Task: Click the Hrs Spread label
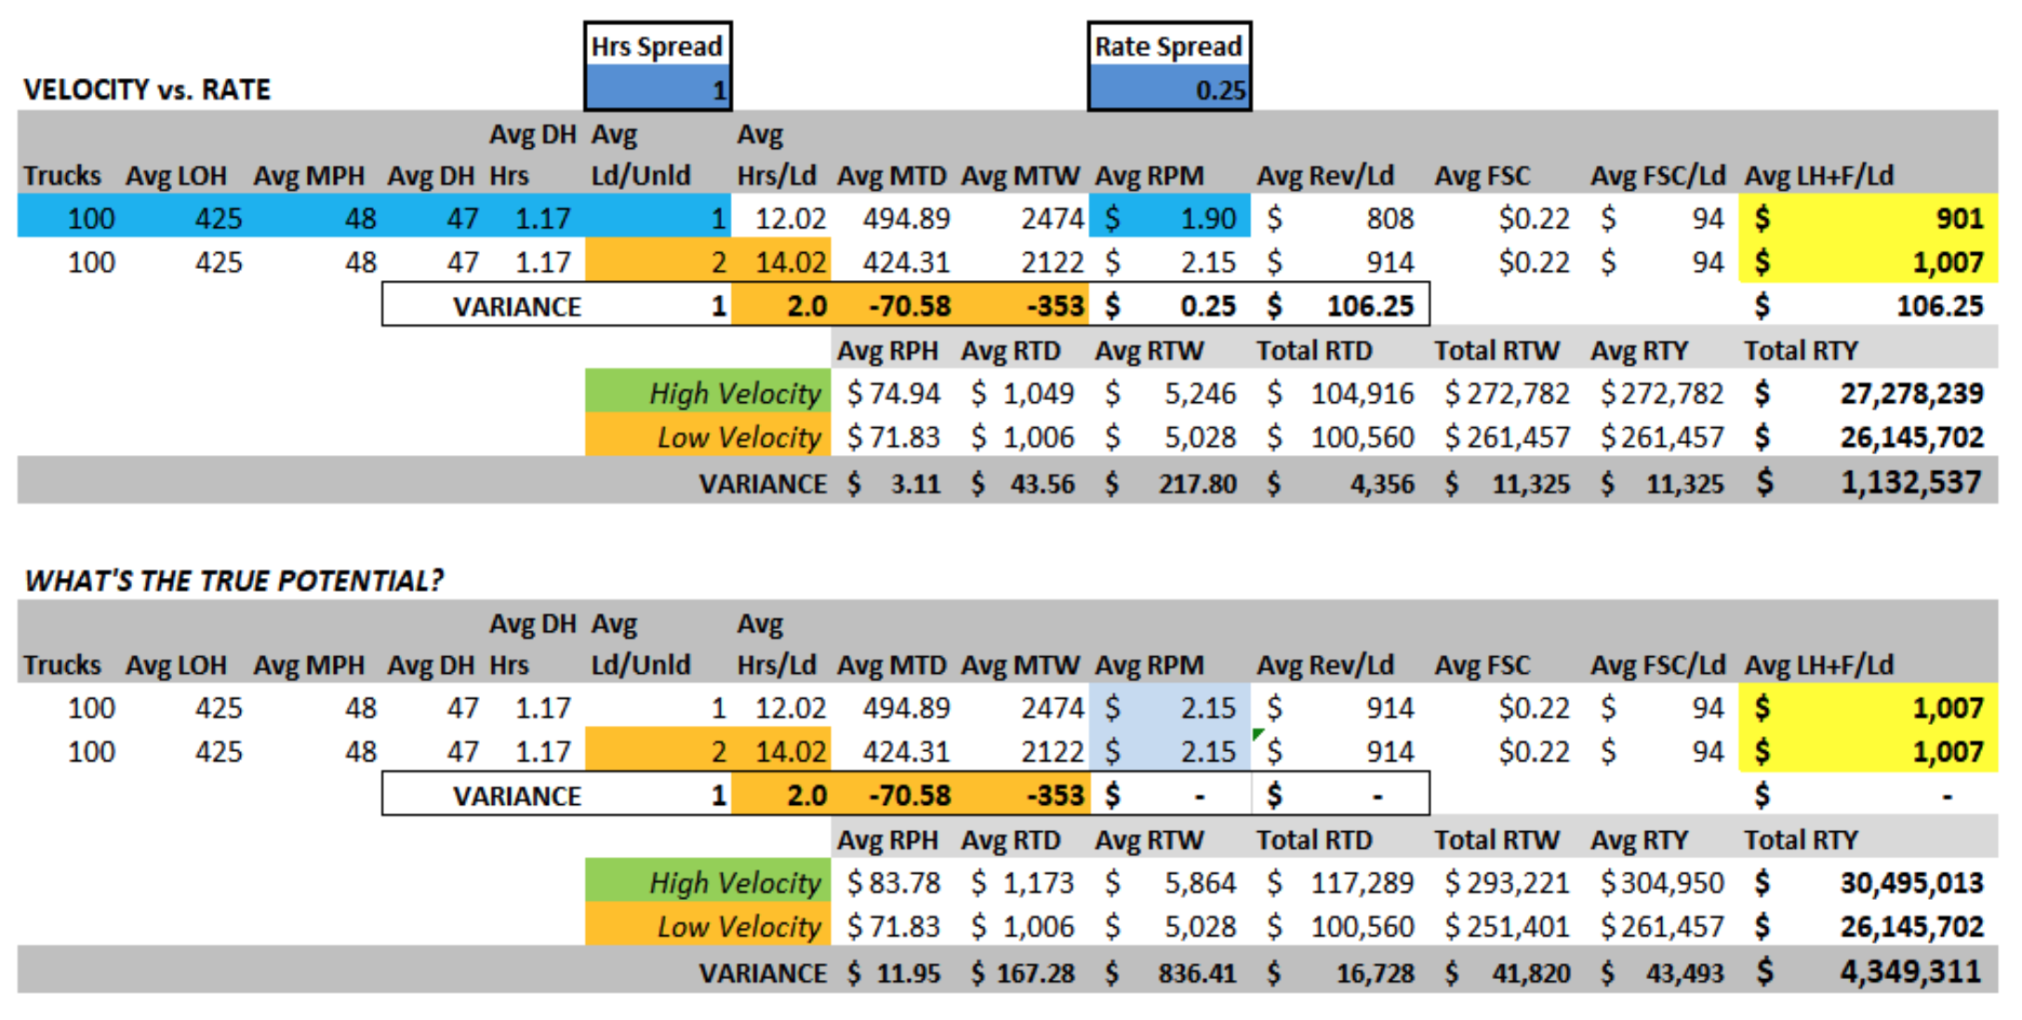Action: click(x=657, y=47)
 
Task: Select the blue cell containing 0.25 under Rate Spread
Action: click(x=1169, y=90)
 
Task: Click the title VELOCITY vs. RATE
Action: click(x=147, y=89)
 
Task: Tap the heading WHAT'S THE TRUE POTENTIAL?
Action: click(x=233, y=581)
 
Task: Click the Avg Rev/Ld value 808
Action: click(x=1390, y=219)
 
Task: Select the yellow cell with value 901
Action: click(x=1868, y=219)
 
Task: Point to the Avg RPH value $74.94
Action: click(x=893, y=394)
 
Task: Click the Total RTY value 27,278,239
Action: click(x=1910, y=394)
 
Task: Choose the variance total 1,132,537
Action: click(x=1910, y=482)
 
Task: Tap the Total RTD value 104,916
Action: click(x=1362, y=394)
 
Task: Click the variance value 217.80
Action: click(x=1196, y=484)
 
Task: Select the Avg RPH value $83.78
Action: click(x=893, y=882)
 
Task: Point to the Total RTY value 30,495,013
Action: click(x=1910, y=882)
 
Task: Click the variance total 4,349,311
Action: click(x=1910, y=972)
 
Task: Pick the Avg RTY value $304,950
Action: click(x=1661, y=882)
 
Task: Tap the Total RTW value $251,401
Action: click(x=1507, y=927)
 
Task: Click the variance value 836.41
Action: click(x=1196, y=973)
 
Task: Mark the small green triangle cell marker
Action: click(x=1257, y=734)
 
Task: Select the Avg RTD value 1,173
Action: click(x=1038, y=882)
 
